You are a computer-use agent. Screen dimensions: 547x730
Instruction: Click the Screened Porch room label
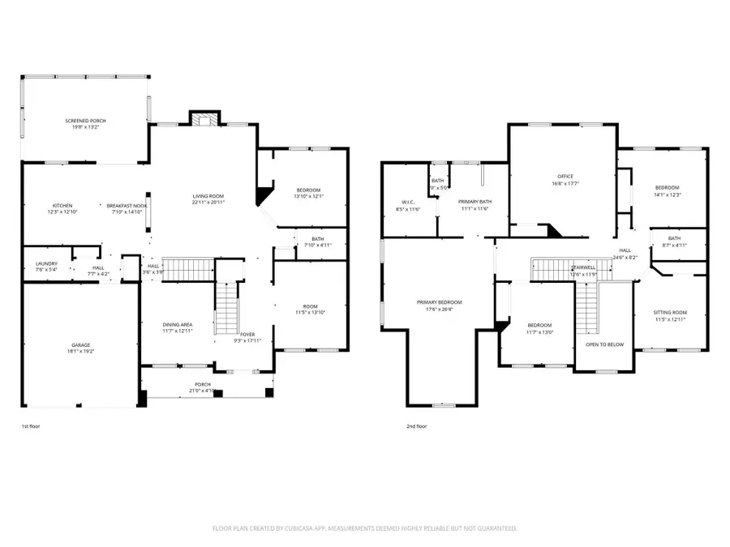(x=86, y=121)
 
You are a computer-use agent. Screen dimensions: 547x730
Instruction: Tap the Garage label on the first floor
(x=79, y=344)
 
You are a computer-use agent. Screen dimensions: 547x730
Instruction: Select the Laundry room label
(x=45, y=264)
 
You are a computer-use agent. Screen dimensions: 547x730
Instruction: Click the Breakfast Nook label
(x=129, y=206)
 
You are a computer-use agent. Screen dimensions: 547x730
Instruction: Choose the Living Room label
(x=208, y=196)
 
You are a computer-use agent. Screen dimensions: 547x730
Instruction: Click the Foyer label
(x=247, y=334)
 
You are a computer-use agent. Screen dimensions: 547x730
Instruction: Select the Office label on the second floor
(x=565, y=177)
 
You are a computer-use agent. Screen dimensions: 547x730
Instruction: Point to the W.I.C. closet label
(x=408, y=203)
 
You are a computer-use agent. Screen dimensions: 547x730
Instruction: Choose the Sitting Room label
(x=671, y=313)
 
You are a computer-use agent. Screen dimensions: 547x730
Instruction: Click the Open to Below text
(x=604, y=344)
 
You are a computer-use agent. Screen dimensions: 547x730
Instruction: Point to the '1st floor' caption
(x=31, y=426)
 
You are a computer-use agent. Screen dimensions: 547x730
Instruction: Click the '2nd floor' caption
(x=417, y=426)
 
